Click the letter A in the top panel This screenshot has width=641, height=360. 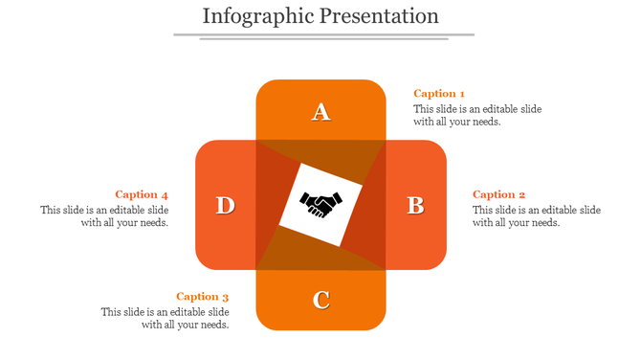coord(321,112)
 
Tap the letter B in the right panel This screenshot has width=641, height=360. coord(415,205)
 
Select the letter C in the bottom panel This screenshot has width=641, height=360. coord(321,300)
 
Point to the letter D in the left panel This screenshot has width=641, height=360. coord(225,205)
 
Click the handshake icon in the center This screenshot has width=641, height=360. coord(321,204)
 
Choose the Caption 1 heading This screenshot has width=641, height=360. coord(439,93)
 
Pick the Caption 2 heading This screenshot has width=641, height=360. coord(498,194)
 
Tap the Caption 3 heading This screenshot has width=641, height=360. coord(202,297)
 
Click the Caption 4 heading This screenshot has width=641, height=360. coord(142,194)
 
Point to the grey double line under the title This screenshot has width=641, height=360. coord(323,36)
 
